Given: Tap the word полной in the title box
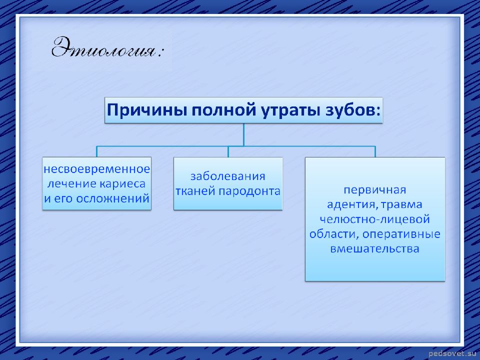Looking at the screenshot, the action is (223, 110).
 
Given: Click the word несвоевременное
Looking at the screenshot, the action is (96, 169).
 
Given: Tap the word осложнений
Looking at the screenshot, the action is (112, 198).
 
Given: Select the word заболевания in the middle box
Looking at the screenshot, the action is (228, 176).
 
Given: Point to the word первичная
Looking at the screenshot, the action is (374, 190).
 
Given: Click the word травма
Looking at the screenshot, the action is (401, 204).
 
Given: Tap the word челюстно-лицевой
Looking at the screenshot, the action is (374, 219).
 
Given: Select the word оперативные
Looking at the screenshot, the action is (401, 234).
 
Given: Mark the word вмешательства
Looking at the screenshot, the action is (374, 248).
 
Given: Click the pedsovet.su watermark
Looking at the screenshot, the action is (452, 353).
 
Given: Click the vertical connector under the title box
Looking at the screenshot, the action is (243, 134).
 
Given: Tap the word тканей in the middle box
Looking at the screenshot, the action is (194, 191).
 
